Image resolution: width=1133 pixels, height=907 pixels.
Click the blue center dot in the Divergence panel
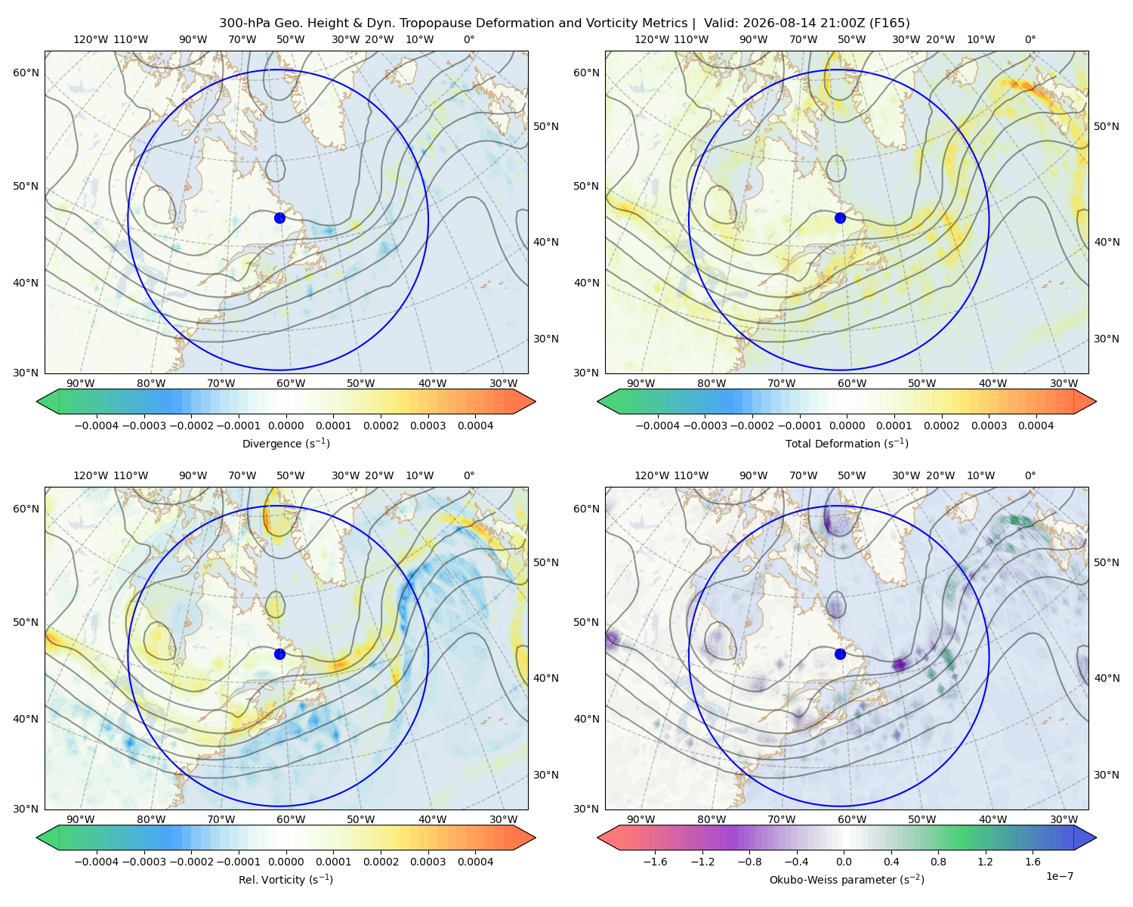pyautogui.click(x=279, y=218)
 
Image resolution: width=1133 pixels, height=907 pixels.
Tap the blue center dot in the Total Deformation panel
pyautogui.click(x=840, y=218)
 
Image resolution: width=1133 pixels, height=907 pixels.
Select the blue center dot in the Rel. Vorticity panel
pyautogui.click(x=279, y=654)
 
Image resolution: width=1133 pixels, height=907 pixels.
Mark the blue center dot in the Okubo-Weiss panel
pyautogui.click(x=840, y=654)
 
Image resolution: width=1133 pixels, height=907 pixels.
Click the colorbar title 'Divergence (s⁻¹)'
pyautogui.click(x=286, y=443)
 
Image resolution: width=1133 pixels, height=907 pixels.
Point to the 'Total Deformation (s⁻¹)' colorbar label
pyautogui.click(x=847, y=443)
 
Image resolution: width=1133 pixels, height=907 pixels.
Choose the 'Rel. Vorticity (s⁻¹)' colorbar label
pyautogui.click(x=286, y=880)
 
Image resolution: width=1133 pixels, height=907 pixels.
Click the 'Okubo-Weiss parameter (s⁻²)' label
pyautogui.click(x=847, y=880)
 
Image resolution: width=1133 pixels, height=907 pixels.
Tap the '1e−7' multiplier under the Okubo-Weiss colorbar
pyautogui.click(x=1059, y=876)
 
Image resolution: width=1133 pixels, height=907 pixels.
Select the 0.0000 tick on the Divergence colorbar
pyautogui.click(x=286, y=426)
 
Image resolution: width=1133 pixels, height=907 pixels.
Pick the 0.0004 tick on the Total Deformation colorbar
pyautogui.click(x=1036, y=426)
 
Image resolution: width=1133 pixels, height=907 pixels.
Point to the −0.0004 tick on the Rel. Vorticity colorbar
pyautogui.click(x=97, y=862)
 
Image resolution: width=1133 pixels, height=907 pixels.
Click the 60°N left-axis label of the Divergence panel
pyautogui.click(x=26, y=73)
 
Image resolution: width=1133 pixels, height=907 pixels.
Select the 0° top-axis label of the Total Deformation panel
pyautogui.click(x=1030, y=39)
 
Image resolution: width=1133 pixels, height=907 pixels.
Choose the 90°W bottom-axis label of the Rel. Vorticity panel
pyautogui.click(x=81, y=819)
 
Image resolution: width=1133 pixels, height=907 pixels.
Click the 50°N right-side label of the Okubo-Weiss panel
pyautogui.click(x=1106, y=562)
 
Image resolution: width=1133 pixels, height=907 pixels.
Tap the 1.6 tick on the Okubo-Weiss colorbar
pyautogui.click(x=1033, y=862)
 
